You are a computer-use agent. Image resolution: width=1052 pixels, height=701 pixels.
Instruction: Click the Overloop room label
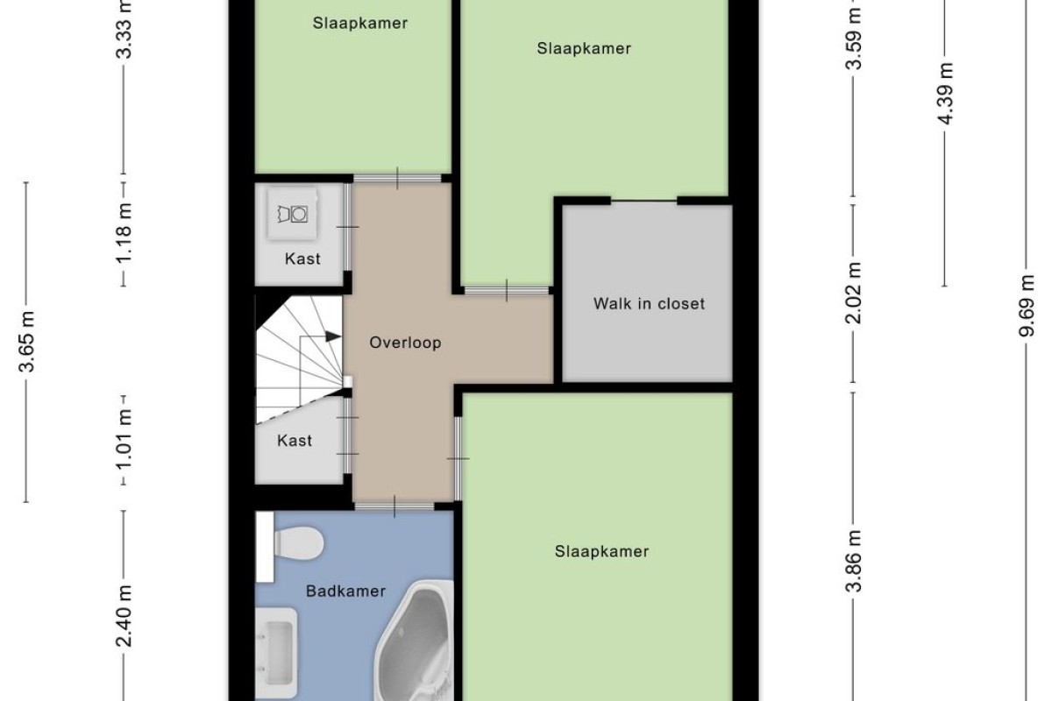pyautogui.click(x=405, y=343)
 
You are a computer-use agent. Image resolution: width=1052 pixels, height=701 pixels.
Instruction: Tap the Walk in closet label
pyautogui.click(x=649, y=304)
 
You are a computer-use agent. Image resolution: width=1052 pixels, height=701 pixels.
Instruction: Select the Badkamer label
pyautogui.click(x=345, y=591)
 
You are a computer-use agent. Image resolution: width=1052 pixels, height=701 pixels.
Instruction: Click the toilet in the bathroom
pyautogui.click(x=290, y=546)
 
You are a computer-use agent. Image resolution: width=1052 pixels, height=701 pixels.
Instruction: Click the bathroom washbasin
pyautogui.click(x=277, y=653)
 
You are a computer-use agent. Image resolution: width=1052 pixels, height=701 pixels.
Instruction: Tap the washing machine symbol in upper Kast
pyautogui.click(x=293, y=214)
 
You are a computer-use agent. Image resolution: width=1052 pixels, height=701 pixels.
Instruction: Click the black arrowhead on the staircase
pyautogui.click(x=333, y=336)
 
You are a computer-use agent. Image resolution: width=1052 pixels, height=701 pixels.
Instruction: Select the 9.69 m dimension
pyautogui.click(x=1027, y=306)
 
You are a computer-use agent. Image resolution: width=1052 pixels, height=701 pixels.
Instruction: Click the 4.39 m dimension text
pyautogui.click(x=945, y=94)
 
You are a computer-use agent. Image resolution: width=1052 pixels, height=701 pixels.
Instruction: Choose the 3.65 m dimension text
pyautogui.click(x=26, y=342)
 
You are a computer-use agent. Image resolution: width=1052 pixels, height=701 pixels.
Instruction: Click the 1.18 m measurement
pyautogui.click(x=124, y=233)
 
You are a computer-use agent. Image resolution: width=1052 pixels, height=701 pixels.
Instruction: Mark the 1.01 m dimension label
pyautogui.click(x=124, y=438)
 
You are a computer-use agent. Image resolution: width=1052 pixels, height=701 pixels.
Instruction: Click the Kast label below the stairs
pyautogui.click(x=295, y=441)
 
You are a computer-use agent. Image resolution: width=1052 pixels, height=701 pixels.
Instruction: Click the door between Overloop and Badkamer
pyautogui.click(x=394, y=506)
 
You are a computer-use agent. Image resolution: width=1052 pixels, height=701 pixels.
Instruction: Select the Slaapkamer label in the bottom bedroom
pyautogui.click(x=601, y=551)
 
